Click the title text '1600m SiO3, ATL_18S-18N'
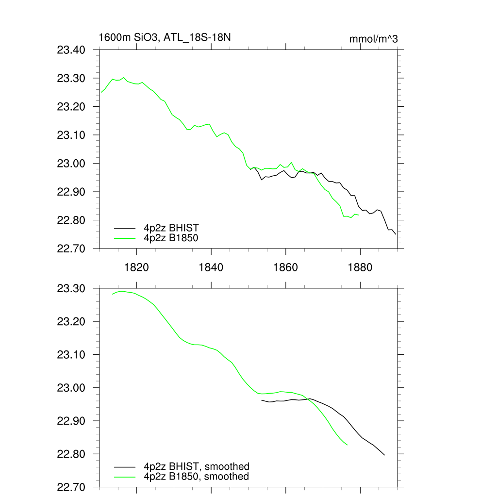167,38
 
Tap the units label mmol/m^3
373,39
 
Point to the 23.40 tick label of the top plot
71,50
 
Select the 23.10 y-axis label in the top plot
71,135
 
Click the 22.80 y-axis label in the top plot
71,220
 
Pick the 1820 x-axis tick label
136,267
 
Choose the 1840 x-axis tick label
211,267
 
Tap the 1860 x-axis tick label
286,267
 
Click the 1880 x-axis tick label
361,267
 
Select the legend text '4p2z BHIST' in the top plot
171,227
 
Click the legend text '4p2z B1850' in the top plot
171,238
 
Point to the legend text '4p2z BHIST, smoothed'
197,467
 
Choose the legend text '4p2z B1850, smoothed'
197,477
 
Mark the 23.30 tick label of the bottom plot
71,289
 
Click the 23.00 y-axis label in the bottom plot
71,388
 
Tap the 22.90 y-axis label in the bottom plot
71,421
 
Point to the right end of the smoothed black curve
384,455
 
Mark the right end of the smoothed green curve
347,445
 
